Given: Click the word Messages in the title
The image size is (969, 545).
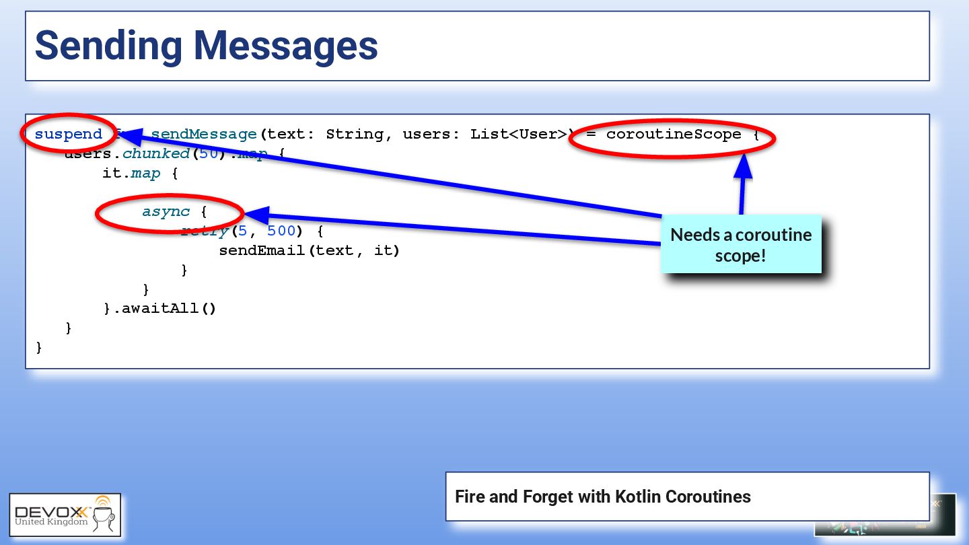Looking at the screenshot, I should point(285,46).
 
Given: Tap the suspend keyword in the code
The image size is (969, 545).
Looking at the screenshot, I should point(68,135).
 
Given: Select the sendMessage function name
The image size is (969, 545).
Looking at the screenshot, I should point(204,135).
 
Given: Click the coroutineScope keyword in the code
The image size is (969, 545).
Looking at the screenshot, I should point(674,135).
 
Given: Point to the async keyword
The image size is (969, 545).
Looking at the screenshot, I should point(166,212).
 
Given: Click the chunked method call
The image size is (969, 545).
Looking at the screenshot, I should point(155,154).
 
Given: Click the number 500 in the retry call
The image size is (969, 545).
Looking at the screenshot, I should point(281,231).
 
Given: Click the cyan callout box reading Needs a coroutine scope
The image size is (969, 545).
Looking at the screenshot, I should point(741,244).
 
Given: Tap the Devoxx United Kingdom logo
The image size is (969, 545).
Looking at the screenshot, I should point(65,515).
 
